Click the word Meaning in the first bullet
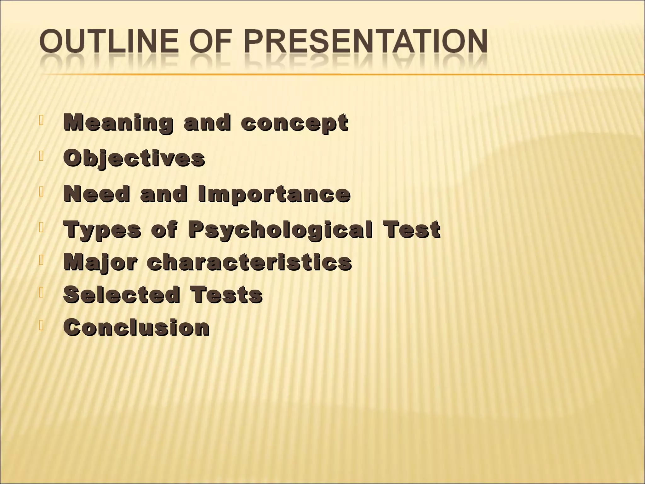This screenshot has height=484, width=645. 118,123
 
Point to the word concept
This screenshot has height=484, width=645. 294,123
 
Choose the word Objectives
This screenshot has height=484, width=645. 134,158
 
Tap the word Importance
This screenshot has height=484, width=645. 274,194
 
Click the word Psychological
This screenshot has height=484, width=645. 280,230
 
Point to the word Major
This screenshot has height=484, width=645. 100,262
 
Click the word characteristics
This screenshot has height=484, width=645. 249,262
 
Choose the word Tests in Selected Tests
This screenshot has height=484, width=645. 226,295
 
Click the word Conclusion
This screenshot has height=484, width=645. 136,327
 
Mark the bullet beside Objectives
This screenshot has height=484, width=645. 41,156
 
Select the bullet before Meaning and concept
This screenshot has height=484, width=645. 41,120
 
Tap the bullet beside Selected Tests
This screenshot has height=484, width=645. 41,292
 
